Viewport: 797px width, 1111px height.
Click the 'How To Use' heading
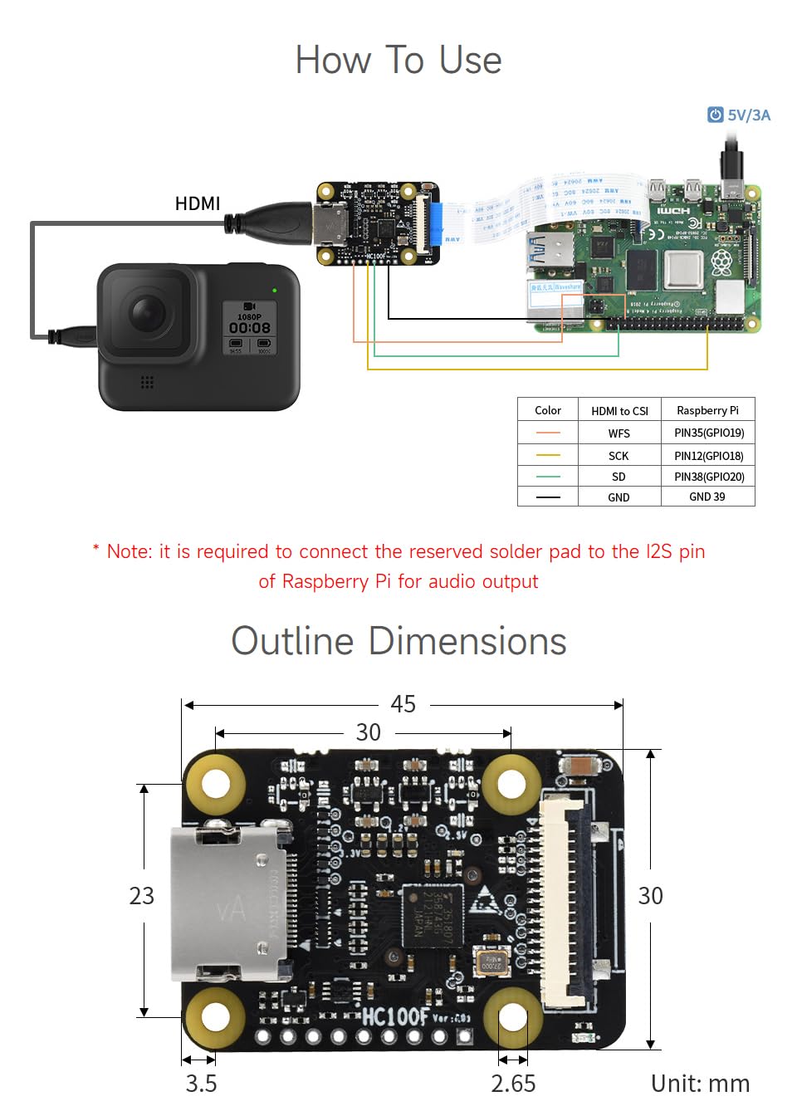coord(398,61)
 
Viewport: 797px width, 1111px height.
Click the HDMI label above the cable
coord(198,203)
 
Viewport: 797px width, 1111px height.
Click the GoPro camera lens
coord(146,314)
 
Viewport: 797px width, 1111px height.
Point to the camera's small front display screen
coord(249,328)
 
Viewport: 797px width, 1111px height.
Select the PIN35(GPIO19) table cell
coord(708,433)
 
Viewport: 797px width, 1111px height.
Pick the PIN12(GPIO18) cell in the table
coord(708,456)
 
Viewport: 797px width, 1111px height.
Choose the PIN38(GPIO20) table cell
coord(708,477)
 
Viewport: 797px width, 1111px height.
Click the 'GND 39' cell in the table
coord(707,497)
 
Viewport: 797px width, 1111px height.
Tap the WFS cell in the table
coord(619,433)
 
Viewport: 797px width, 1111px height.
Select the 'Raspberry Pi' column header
coord(707,410)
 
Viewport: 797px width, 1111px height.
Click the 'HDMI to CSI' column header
coord(619,410)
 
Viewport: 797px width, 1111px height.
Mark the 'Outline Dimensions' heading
coord(398,641)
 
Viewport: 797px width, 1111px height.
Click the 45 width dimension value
coord(403,704)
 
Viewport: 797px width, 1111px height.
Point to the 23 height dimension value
coord(141,896)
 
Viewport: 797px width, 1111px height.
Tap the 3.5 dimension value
coord(201,1084)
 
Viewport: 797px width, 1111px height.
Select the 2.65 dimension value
coord(513,1084)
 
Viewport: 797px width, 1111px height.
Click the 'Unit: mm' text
coord(700,1084)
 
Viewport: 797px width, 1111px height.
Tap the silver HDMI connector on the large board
coord(228,902)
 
